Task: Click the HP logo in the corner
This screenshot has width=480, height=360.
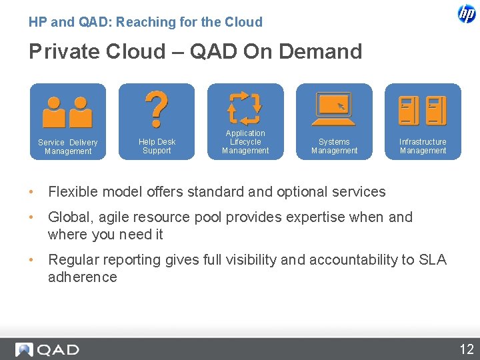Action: (x=467, y=14)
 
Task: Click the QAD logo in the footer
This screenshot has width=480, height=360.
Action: (x=48, y=349)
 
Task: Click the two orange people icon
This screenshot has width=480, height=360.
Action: (x=67, y=112)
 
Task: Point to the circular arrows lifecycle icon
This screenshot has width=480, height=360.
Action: (x=245, y=108)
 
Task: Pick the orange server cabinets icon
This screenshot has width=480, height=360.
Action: (x=423, y=111)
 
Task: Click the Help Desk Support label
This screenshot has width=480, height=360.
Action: (x=157, y=146)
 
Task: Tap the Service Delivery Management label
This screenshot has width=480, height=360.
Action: (x=68, y=147)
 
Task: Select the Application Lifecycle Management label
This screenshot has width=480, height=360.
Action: (x=245, y=142)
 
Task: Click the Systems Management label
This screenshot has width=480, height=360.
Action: (x=334, y=146)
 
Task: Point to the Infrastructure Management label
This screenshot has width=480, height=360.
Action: (x=423, y=146)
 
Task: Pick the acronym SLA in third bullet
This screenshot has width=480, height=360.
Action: (x=433, y=260)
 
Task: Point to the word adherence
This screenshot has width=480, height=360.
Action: (x=82, y=277)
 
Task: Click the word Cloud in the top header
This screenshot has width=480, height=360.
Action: (x=243, y=22)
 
